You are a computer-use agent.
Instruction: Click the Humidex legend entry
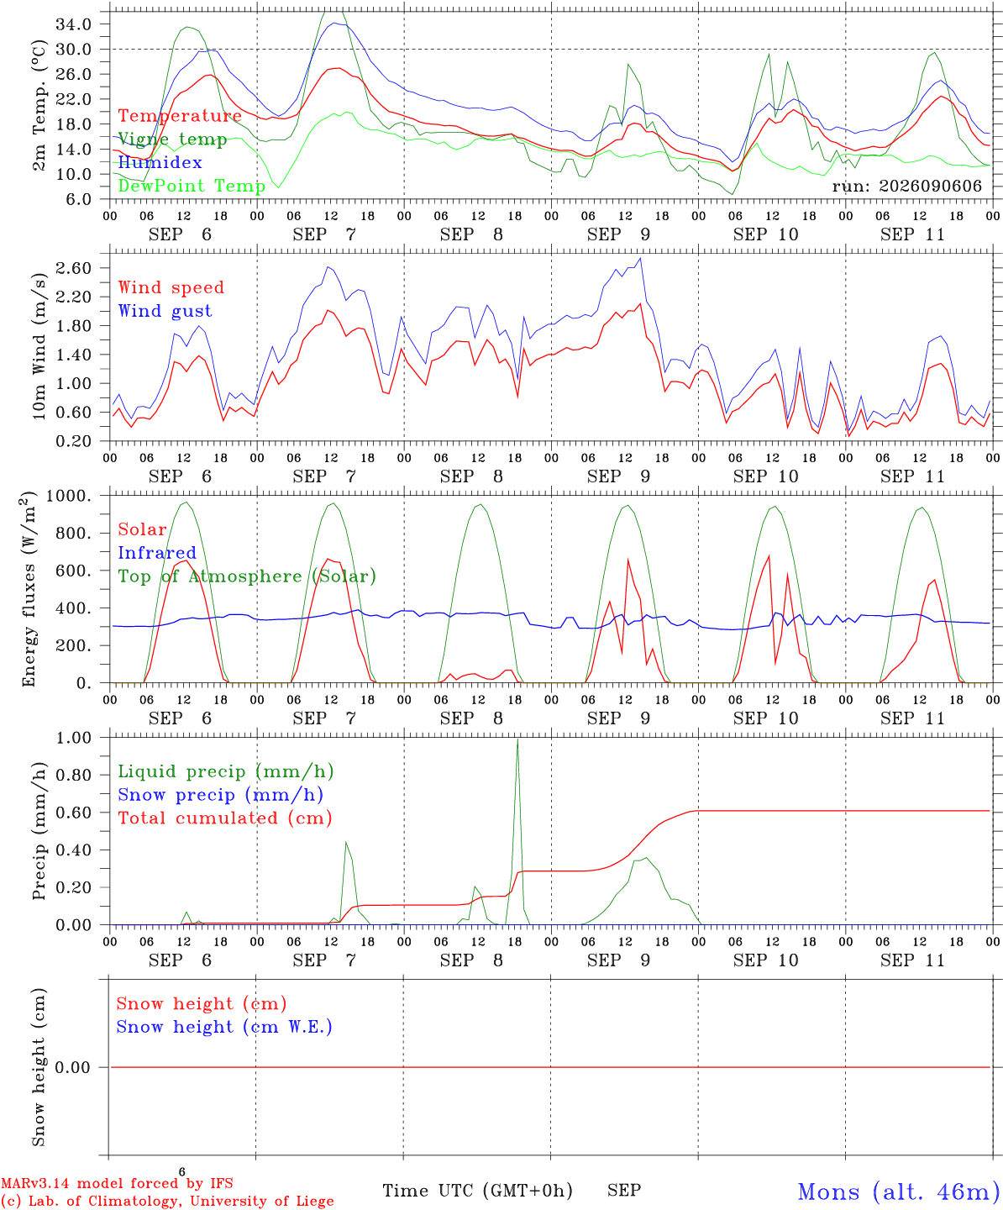[x=160, y=162]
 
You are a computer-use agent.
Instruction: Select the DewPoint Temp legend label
[x=192, y=186]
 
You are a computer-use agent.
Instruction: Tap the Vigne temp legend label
[x=172, y=139]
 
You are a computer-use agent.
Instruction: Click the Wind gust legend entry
[x=165, y=311]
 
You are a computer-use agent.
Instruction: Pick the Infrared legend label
[x=157, y=553]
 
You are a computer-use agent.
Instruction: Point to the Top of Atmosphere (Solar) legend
[x=248, y=576]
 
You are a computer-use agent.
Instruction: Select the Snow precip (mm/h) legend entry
[x=221, y=795]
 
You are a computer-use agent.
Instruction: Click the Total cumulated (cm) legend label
[x=225, y=818]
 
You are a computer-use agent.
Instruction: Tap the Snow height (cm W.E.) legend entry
[x=224, y=1027]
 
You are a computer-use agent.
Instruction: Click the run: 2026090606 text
[x=907, y=186]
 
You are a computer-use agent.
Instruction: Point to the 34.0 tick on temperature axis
[x=74, y=24]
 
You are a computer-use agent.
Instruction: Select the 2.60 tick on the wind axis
[x=74, y=268]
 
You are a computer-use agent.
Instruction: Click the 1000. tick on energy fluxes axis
[x=69, y=496]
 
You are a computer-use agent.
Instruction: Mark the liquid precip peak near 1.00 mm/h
[x=517, y=739]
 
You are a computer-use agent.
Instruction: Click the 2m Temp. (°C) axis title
[x=39, y=106]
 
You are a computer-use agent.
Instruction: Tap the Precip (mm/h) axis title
[x=39, y=831]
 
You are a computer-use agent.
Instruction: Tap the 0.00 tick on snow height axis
[x=73, y=1067]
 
